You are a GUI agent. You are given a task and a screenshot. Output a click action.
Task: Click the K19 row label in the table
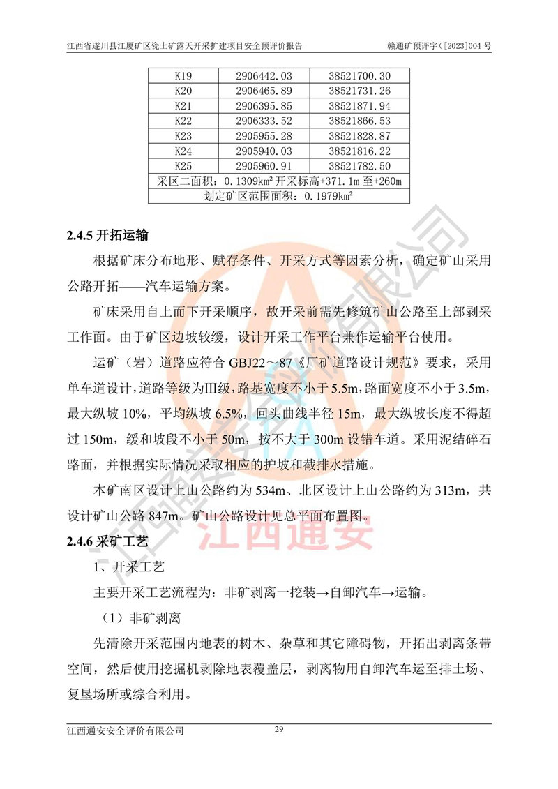coord(183,75)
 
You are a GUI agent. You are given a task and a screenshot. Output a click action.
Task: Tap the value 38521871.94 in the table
coord(359,106)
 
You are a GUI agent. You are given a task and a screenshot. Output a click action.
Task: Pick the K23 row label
coord(183,136)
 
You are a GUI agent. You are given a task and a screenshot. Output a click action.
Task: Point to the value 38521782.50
coord(359,166)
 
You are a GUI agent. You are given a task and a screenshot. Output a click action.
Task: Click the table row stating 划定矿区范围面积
coord(278,196)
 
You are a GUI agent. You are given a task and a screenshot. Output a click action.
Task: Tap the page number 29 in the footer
coord(278,730)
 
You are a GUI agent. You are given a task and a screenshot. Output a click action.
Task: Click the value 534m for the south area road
coord(283,493)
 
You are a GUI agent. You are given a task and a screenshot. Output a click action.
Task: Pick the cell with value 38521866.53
coord(359,121)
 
